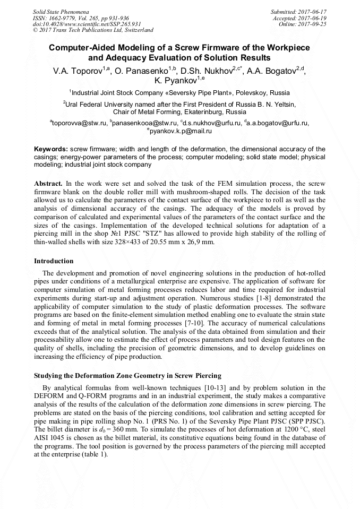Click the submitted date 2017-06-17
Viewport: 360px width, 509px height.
point(312,11)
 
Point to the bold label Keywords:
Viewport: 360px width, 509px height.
point(51,150)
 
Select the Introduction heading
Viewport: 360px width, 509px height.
point(54,261)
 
